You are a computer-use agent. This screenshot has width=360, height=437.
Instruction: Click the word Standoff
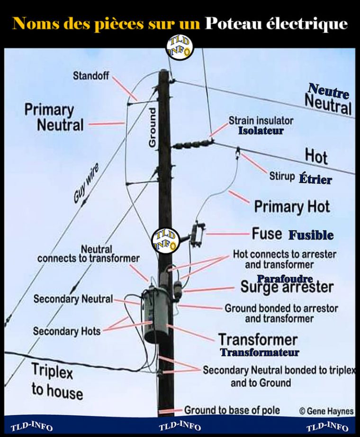[90, 75]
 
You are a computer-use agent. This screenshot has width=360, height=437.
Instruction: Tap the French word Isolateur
[260, 130]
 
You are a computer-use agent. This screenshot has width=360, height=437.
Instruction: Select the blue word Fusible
[311, 235]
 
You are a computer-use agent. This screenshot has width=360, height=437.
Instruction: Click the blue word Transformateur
[260, 352]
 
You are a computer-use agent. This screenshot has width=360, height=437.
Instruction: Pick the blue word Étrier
[315, 179]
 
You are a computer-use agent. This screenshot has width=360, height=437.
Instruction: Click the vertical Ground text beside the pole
[153, 128]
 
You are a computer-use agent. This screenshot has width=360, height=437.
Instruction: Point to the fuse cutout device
[197, 234]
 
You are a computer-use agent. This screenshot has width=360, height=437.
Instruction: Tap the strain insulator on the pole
[192, 144]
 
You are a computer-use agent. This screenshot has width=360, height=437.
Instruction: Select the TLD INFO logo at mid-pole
[166, 240]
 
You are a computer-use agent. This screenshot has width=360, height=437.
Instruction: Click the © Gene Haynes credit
[327, 411]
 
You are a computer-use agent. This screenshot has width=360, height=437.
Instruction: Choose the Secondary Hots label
[67, 331]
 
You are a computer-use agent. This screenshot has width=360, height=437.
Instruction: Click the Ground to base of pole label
[232, 410]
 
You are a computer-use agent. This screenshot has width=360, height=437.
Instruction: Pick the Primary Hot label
[292, 207]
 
